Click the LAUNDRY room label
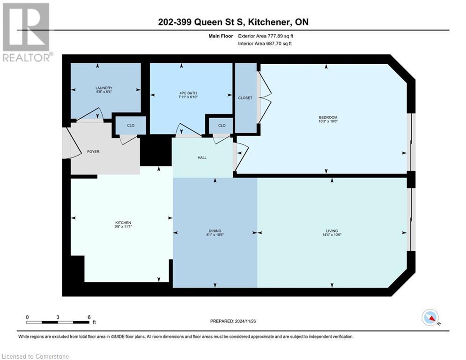[104, 88]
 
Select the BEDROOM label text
[328, 117]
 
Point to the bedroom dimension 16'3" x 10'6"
[328, 122]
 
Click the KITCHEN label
[123, 222]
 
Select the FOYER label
[94, 152]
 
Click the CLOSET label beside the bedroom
[245, 98]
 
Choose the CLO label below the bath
[222, 125]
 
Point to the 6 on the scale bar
[89, 317]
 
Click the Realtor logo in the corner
[26, 31]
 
